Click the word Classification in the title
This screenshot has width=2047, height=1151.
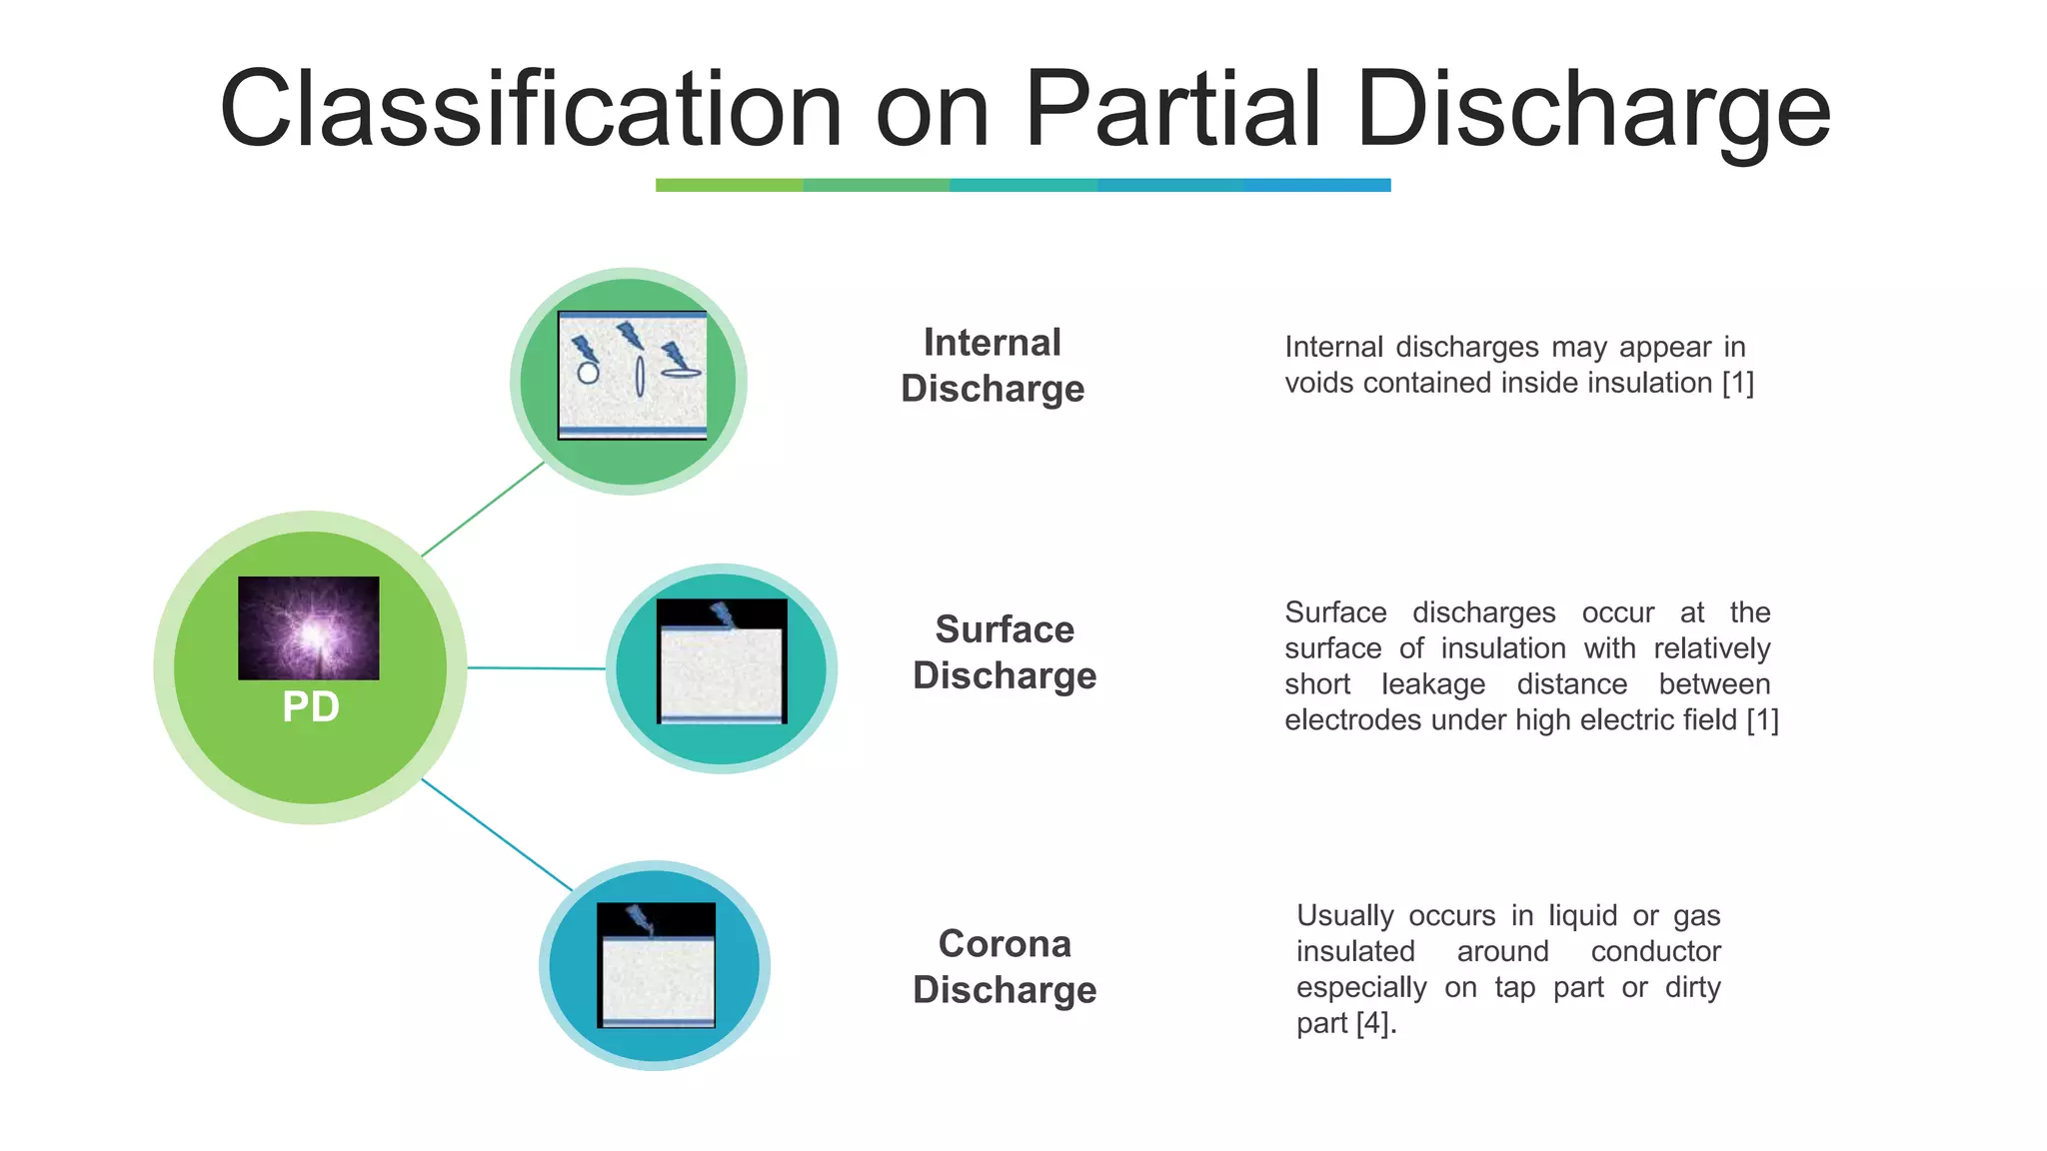(530, 110)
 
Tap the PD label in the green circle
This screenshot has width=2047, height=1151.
(311, 707)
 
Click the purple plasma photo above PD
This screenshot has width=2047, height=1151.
(309, 627)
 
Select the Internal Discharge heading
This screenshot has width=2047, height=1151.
(992, 366)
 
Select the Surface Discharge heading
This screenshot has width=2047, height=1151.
(1005, 652)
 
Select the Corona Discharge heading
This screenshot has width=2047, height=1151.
(1005, 966)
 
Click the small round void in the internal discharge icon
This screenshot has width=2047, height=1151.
(588, 374)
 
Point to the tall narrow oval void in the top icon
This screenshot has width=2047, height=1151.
(640, 376)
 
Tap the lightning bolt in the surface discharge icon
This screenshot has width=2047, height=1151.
(722, 614)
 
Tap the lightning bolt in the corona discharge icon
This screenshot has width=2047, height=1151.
(639, 919)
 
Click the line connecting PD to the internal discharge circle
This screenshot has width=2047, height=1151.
(483, 510)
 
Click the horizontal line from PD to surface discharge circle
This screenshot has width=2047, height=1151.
(536, 667)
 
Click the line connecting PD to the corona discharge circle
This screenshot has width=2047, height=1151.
(496, 834)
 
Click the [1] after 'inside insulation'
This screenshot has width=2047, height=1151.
(1737, 383)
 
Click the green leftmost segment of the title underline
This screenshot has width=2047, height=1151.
(729, 185)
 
